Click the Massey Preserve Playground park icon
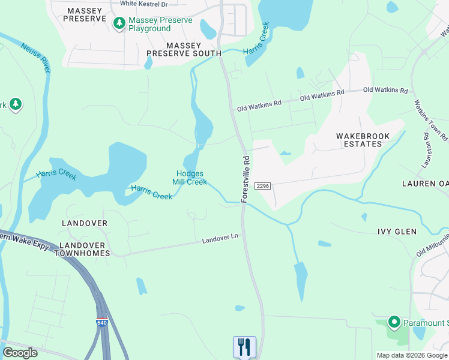point(119,23)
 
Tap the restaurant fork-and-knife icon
point(244,347)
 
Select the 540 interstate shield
point(102,323)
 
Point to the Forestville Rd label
point(246,179)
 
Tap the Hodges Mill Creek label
point(190,178)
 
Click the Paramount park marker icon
point(394,323)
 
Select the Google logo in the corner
point(20,353)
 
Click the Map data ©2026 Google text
point(412,355)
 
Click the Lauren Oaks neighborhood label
point(425,183)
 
